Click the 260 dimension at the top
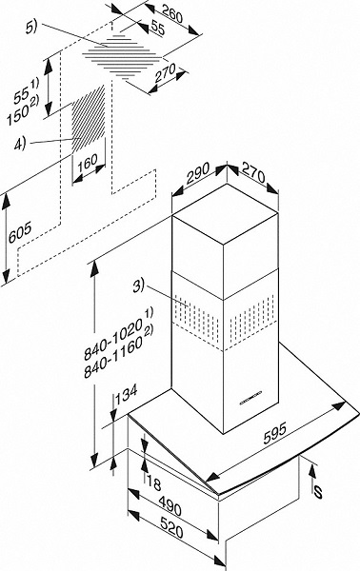click(x=172, y=14)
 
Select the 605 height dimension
click(x=20, y=232)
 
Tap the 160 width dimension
click(x=88, y=163)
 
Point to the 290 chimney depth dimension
click(x=198, y=173)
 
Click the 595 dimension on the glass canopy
click(x=275, y=433)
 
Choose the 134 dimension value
click(x=126, y=393)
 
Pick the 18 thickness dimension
click(x=153, y=483)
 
